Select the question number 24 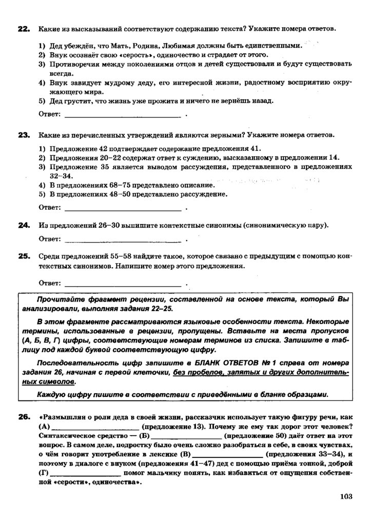click(x=24, y=225)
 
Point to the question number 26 click(x=24, y=418)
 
